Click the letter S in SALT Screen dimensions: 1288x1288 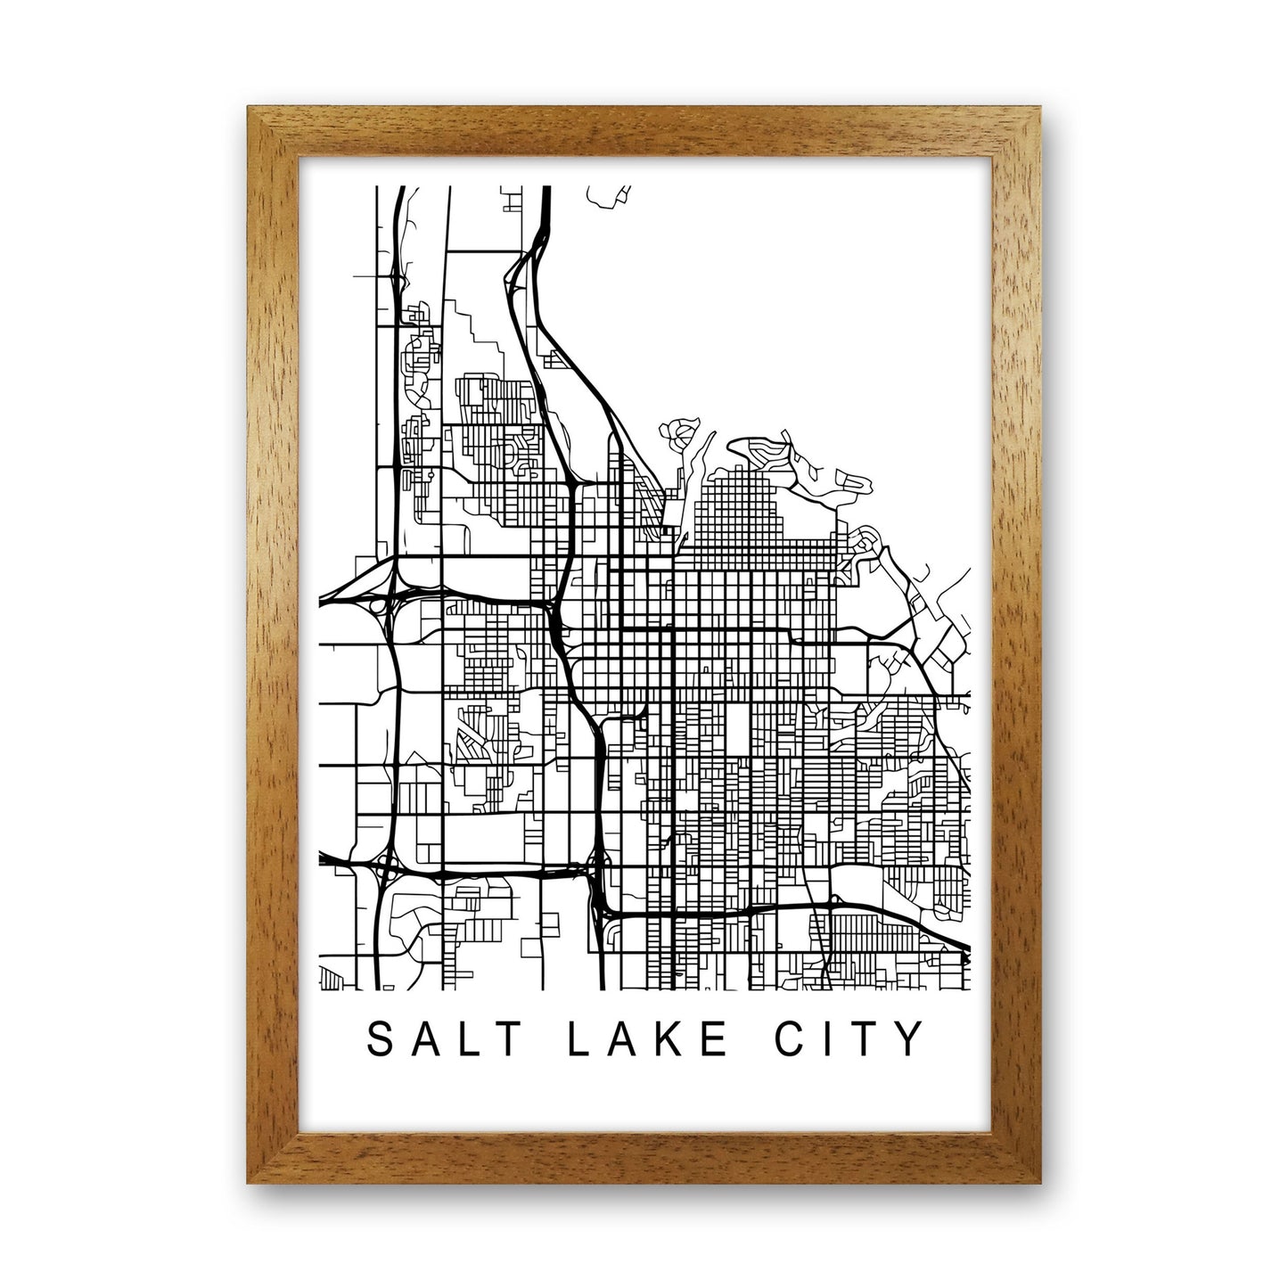(380, 1039)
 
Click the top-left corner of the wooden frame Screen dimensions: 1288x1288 (250, 107)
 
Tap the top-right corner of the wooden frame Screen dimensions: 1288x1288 (1039, 107)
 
